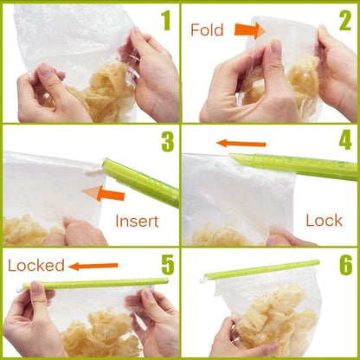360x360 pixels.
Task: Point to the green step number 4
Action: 344,141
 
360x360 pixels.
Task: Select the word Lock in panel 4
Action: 324,221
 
